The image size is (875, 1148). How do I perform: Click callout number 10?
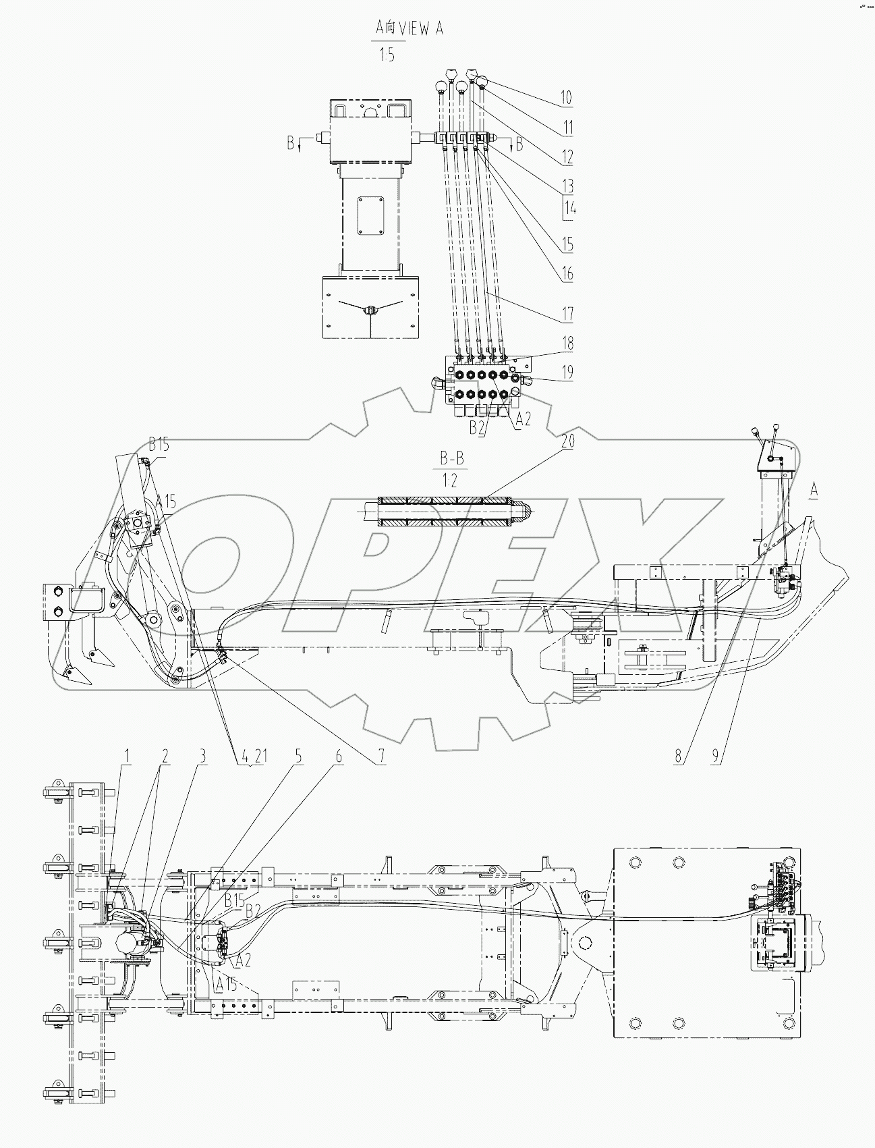pyautogui.click(x=565, y=97)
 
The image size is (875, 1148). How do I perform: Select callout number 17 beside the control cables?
pyautogui.click(x=567, y=313)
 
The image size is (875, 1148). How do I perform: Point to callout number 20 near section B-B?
pyautogui.click(x=567, y=443)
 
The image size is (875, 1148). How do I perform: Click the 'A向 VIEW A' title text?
pyautogui.click(x=409, y=30)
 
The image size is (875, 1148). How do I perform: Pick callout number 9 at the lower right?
pyautogui.click(x=716, y=757)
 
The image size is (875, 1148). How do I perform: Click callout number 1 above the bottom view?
pyautogui.click(x=125, y=757)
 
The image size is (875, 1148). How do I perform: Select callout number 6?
pyautogui.click(x=339, y=757)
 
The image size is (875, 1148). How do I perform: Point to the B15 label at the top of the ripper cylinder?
pyautogui.click(x=159, y=445)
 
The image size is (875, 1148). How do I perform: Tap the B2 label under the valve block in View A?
pyautogui.click(x=478, y=428)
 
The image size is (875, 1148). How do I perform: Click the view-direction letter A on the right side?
pyautogui.click(x=814, y=491)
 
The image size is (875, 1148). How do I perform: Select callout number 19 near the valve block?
pyautogui.click(x=567, y=371)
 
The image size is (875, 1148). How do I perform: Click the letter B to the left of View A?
pyautogui.click(x=290, y=143)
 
